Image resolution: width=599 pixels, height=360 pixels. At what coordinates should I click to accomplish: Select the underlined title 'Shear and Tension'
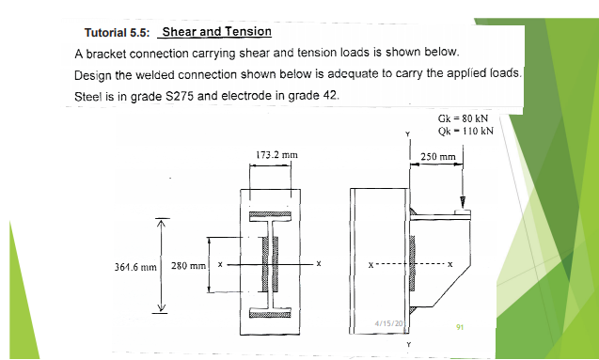tap(217, 32)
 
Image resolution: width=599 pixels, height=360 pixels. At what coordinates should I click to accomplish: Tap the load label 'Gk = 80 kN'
tap(463, 118)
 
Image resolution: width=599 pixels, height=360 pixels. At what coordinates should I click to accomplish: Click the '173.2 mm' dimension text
tap(276, 153)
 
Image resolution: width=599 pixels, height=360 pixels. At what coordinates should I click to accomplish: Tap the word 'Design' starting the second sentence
tap(93, 75)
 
